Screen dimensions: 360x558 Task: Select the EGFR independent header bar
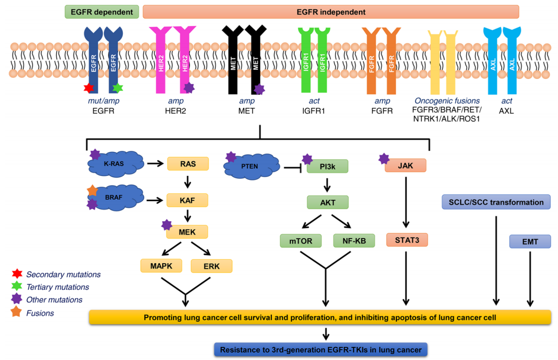[x=331, y=12]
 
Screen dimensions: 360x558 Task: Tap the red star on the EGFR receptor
[x=89, y=88]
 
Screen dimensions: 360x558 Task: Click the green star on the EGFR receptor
[x=117, y=88]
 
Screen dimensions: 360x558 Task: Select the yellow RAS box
[x=187, y=164]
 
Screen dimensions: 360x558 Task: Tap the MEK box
[x=187, y=232]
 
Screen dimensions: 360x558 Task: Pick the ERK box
[x=212, y=266]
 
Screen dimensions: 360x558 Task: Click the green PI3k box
[x=328, y=166]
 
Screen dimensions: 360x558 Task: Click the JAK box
[x=406, y=166]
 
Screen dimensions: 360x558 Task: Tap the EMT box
[x=530, y=241]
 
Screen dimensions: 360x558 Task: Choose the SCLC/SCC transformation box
[x=496, y=202]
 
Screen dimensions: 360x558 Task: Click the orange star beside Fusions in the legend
[x=18, y=313]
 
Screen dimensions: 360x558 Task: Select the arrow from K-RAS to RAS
[x=155, y=164]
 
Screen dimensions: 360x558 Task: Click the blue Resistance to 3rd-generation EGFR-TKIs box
[x=321, y=349]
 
